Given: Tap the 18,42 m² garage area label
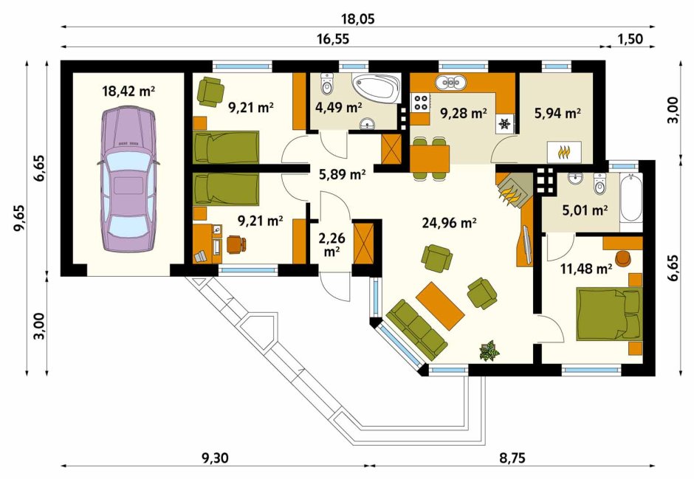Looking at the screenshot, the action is click(128, 92).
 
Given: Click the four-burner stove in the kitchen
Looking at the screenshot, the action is click(420, 102).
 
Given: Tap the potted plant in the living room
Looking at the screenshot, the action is click(489, 351).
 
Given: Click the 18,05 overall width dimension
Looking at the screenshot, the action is click(357, 19).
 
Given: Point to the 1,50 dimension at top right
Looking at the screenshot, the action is click(629, 39).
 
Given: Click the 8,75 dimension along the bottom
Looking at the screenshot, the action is click(512, 458).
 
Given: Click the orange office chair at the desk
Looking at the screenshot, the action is click(236, 244).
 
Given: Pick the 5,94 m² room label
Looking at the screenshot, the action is click(557, 113).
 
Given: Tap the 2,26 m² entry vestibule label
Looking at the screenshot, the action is click(331, 244).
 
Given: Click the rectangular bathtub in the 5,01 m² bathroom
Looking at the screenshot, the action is click(631, 198).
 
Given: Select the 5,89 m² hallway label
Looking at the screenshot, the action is click(342, 174).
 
